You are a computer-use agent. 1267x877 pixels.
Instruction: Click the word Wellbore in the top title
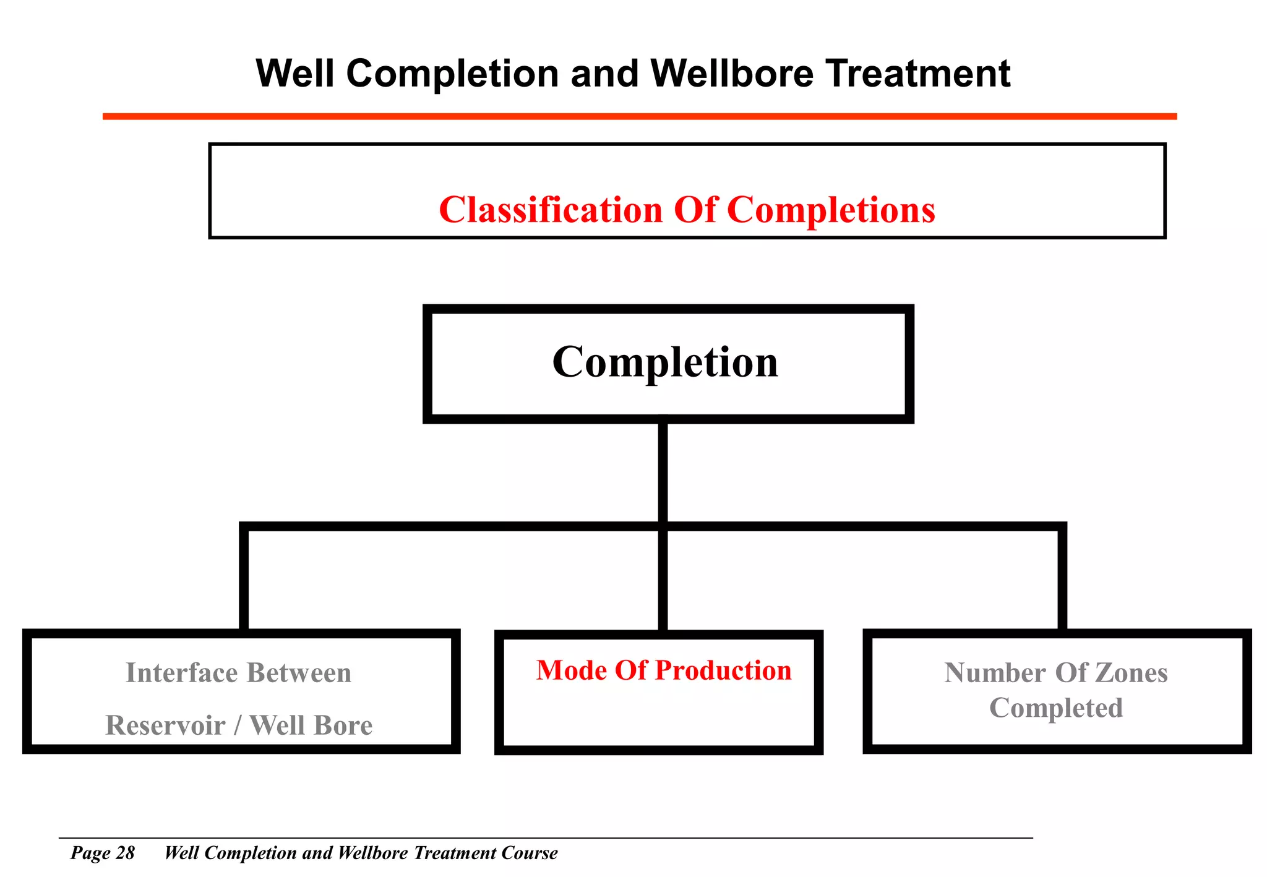(x=732, y=74)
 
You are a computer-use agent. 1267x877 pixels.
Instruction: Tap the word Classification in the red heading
(x=550, y=210)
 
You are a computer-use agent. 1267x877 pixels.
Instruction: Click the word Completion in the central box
(x=665, y=363)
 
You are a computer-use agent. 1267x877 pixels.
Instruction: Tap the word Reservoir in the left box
(x=165, y=725)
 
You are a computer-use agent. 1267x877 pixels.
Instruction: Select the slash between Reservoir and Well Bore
(x=237, y=725)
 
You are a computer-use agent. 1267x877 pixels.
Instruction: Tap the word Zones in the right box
(x=1132, y=673)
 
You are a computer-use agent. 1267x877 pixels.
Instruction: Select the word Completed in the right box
(x=1055, y=708)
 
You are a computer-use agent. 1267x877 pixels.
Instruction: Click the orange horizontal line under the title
(x=639, y=116)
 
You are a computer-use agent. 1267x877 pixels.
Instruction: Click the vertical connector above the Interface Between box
(x=244, y=578)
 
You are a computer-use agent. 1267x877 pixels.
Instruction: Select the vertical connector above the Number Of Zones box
(x=1062, y=578)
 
